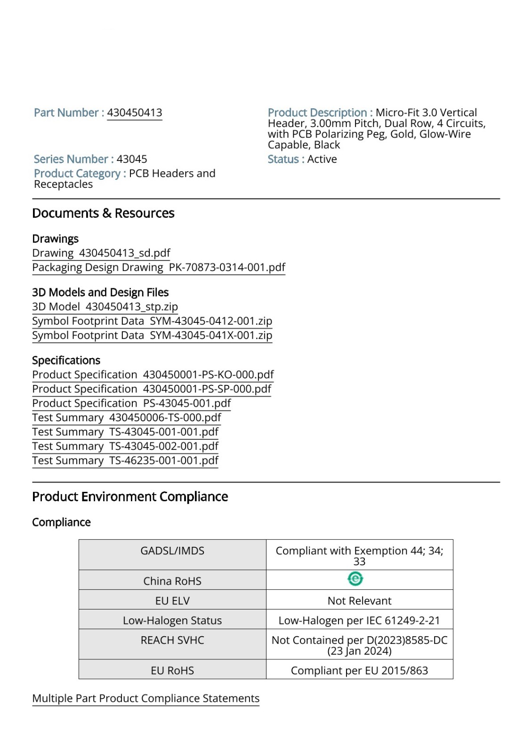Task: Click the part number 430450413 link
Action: click(x=134, y=113)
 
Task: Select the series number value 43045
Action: click(x=132, y=159)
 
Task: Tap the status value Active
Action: click(x=322, y=159)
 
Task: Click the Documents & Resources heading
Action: click(x=103, y=213)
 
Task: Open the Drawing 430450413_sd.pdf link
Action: click(x=101, y=253)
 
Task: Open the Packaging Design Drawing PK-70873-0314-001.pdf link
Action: click(x=159, y=267)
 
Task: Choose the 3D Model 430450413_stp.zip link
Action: click(x=105, y=307)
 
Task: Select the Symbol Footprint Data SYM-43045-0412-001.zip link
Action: click(x=152, y=321)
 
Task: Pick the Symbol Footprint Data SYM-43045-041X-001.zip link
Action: click(x=152, y=335)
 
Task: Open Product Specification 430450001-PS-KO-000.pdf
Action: click(x=153, y=375)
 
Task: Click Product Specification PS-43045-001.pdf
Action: click(x=131, y=403)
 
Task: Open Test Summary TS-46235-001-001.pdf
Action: click(x=125, y=460)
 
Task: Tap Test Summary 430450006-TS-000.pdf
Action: click(x=127, y=417)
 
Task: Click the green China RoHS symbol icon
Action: click(x=355, y=579)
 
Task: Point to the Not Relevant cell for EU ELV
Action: click(x=359, y=601)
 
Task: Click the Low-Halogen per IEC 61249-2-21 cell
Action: click(x=359, y=621)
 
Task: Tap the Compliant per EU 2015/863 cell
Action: click(x=359, y=671)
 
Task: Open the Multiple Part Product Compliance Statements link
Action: click(x=146, y=698)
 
